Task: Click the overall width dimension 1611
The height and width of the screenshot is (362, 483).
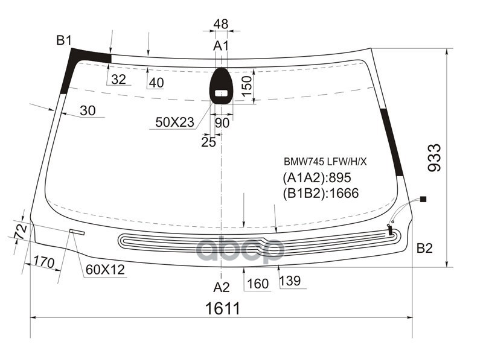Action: pos(222,308)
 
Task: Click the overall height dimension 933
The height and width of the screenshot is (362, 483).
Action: pos(435,157)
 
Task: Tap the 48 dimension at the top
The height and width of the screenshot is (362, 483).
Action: pos(221,24)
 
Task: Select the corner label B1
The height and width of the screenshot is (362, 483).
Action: pos(64,40)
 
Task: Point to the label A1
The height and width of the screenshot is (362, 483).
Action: pos(221,46)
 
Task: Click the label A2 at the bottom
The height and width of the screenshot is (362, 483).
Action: pos(222,287)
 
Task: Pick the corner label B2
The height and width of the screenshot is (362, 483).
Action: pos(424,248)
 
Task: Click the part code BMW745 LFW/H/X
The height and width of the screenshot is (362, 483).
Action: pos(325,162)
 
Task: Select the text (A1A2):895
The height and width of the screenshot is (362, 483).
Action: pos(316,177)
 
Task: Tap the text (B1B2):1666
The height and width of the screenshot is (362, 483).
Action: pos(321,193)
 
